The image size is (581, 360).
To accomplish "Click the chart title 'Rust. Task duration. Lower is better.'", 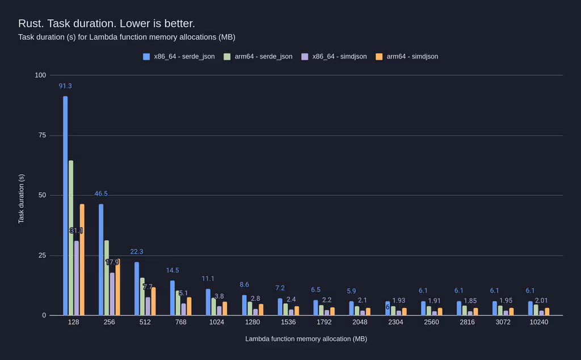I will (106, 23).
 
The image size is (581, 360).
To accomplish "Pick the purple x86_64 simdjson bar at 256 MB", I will (112, 294).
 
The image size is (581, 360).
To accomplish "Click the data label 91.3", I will (65, 86).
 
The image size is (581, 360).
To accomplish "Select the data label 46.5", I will (101, 194).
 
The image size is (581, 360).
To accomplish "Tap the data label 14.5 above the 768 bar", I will (172, 270).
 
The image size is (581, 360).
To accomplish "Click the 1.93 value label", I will (399, 300).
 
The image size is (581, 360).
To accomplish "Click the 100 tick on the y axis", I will (40, 75).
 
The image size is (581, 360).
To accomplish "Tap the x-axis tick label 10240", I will (538, 322).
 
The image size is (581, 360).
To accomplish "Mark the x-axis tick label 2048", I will (360, 322).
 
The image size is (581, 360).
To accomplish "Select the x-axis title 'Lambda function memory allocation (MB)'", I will (306, 339).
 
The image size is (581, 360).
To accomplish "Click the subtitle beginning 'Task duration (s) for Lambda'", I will (127, 37).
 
